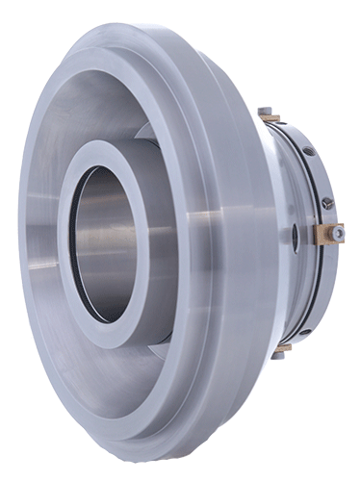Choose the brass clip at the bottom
click(282, 348)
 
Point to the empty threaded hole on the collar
click(308, 151)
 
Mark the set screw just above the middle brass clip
click(328, 203)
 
